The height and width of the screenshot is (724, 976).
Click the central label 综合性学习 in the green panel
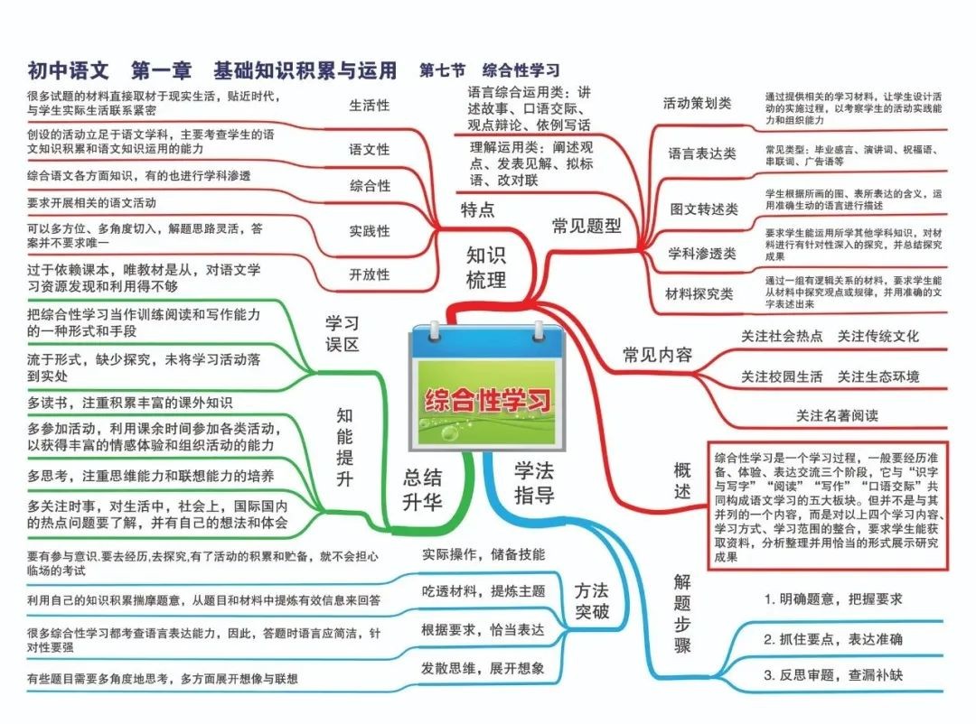(488, 399)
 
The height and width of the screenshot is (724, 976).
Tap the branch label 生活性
(369, 105)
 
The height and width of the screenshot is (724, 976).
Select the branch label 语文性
(369, 149)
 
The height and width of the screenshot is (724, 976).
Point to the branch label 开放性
(369, 274)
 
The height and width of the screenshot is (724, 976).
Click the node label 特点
(477, 209)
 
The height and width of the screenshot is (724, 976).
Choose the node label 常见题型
(587, 225)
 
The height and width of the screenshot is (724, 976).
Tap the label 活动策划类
(697, 103)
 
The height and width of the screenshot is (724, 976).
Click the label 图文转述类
(704, 209)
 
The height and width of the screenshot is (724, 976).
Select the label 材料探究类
(699, 293)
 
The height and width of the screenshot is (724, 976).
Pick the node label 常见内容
(657, 355)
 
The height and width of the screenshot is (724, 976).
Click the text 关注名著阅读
(837, 415)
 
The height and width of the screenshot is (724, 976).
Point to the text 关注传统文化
(877, 336)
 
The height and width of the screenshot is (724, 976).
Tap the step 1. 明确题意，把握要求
(833, 599)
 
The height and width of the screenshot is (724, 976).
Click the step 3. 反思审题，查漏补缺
(833, 675)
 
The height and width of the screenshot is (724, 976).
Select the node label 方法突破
(591, 600)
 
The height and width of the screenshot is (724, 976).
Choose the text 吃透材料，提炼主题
(483, 591)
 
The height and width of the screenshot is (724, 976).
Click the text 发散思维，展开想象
(483, 668)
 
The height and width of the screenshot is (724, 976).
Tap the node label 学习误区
(342, 333)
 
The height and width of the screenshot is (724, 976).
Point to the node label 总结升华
(422, 489)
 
